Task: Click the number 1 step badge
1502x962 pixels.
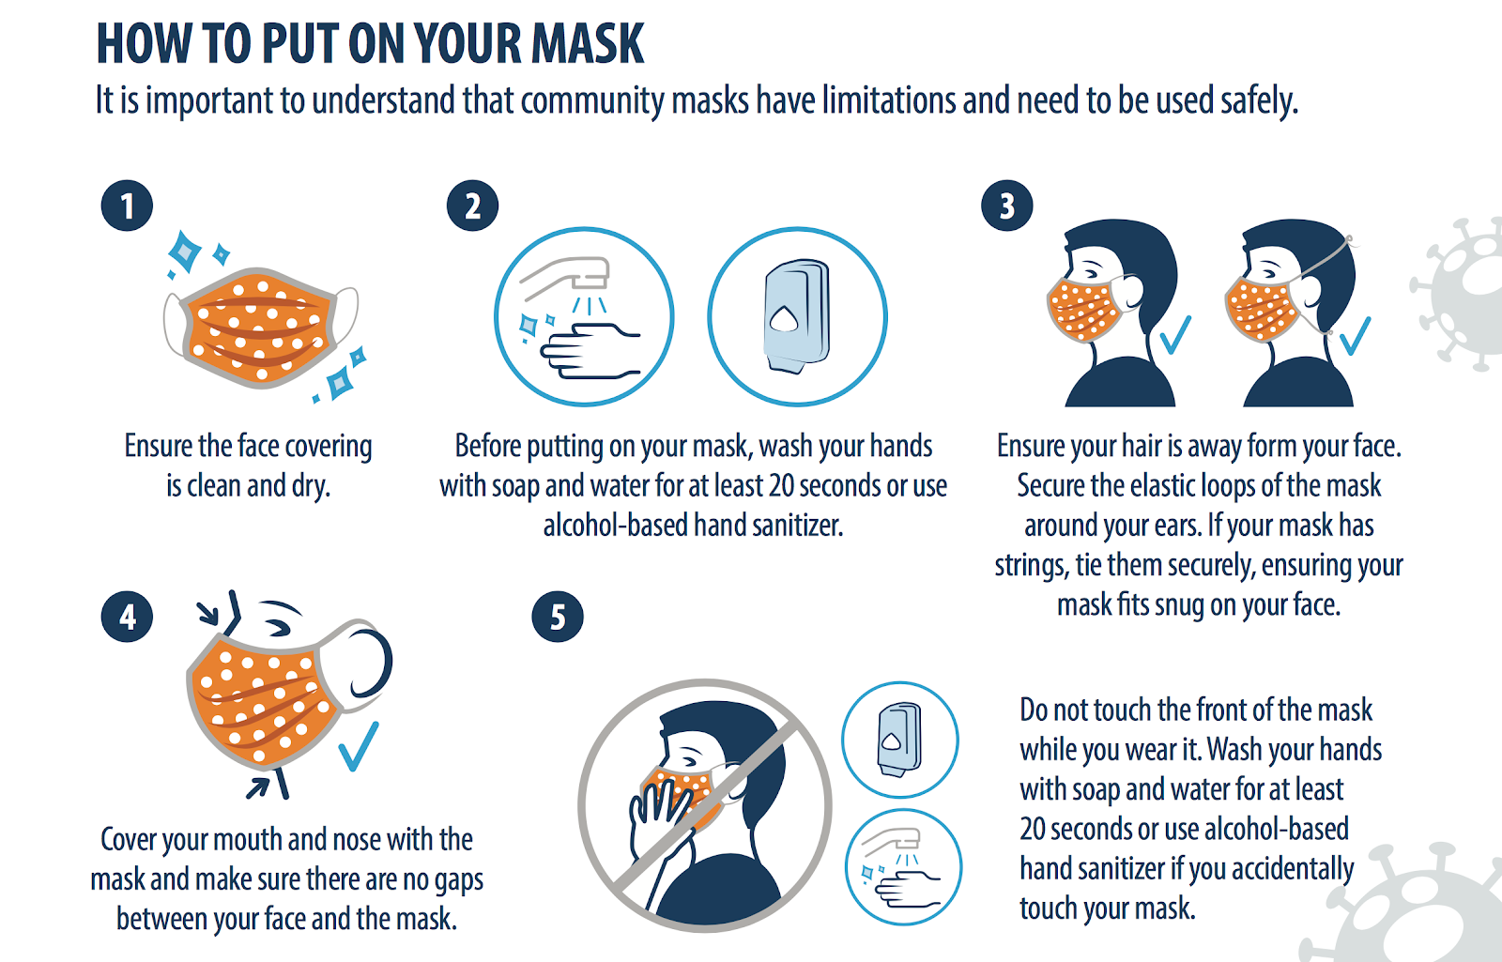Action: pyautogui.click(x=128, y=206)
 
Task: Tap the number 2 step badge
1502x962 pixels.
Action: pyautogui.click(x=473, y=206)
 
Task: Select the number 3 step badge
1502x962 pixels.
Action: pyautogui.click(x=1007, y=206)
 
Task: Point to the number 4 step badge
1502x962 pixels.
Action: pyautogui.click(x=128, y=617)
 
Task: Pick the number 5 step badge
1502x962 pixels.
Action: pyautogui.click(x=558, y=617)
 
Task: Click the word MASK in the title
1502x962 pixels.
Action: pyautogui.click(x=588, y=44)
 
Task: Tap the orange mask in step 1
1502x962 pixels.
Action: pyautogui.click(x=260, y=328)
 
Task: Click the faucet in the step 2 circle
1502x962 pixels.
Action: pyautogui.click(x=567, y=275)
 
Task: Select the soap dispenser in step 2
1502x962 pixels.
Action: pyautogui.click(x=797, y=315)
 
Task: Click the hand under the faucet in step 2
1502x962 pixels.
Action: pyautogui.click(x=590, y=351)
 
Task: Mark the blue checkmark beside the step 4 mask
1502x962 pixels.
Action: pyautogui.click(x=359, y=746)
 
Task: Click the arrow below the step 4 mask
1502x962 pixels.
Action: pyautogui.click(x=258, y=787)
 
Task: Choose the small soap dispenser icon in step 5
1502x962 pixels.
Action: pyautogui.click(x=900, y=740)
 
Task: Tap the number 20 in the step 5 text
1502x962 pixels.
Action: pyautogui.click(x=1032, y=830)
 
